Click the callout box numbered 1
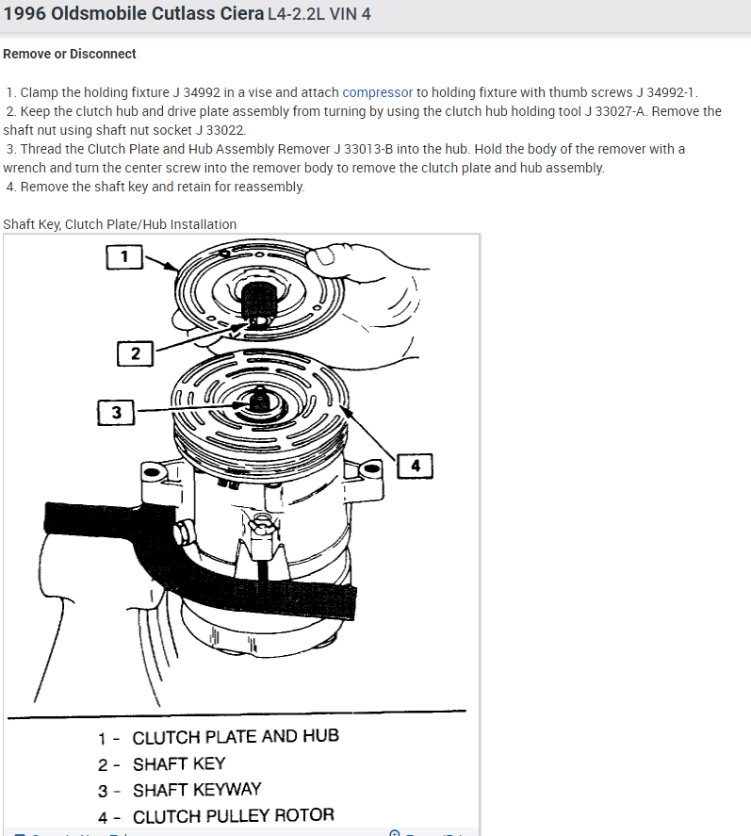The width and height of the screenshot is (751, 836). (x=123, y=255)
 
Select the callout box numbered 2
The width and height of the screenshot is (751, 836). (x=135, y=353)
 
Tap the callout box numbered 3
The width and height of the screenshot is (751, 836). (x=116, y=412)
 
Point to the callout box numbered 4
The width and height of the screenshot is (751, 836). (x=416, y=465)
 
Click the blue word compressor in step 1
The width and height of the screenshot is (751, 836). (x=377, y=92)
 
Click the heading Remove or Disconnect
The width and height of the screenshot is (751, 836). (x=70, y=54)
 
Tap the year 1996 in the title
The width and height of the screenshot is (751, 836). (x=27, y=15)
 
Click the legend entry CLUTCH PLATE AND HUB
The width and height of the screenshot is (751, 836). (x=236, y=737)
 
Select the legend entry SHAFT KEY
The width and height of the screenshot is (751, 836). (x=179, y=763)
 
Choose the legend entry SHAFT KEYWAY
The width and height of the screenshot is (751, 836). (x=197, y=790)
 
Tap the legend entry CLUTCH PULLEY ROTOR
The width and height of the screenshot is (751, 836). (x=234, y=816)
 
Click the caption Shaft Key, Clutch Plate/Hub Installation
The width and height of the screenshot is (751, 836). (x=120, y=224)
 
